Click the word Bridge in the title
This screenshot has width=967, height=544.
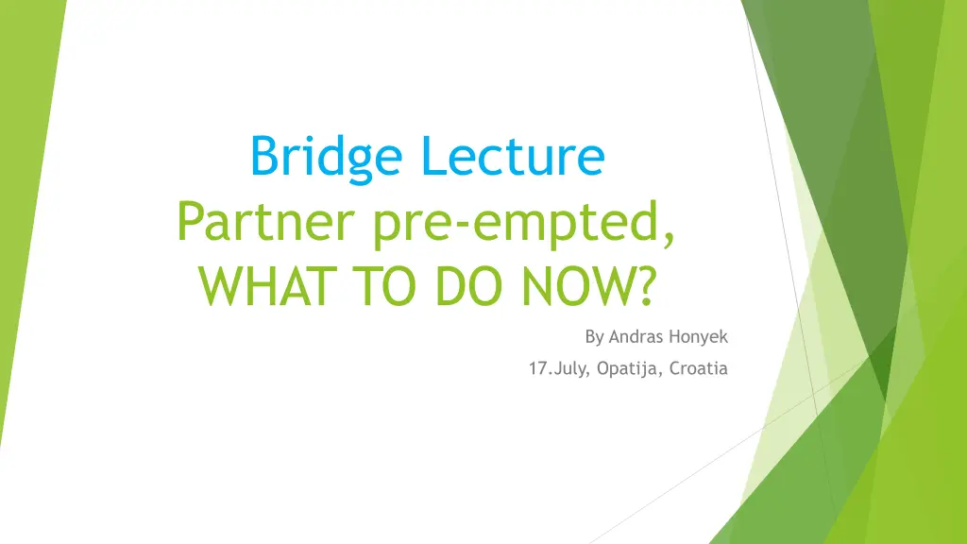point(326,158)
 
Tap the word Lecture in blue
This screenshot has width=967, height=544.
point(513,156)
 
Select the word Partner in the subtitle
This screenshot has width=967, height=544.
point(265,222)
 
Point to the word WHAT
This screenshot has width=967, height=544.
point(267,286)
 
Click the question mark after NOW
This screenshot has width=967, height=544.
point(644,286)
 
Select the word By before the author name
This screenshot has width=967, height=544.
point(594,337)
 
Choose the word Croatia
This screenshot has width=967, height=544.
point(699,368)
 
